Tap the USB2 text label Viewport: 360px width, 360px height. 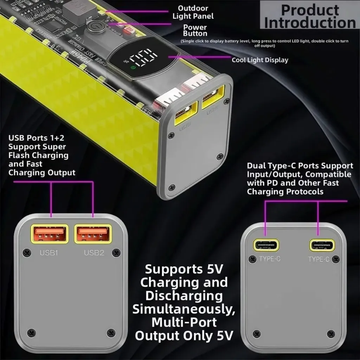tap(94, 252)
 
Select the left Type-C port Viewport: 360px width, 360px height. tap(267, 245)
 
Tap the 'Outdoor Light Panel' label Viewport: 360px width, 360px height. tap(193, 12)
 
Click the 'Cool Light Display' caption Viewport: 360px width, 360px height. tap(260, 60)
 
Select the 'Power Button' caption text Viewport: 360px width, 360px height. tap(195, 30)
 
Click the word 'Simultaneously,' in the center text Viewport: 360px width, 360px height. tap(183, 309)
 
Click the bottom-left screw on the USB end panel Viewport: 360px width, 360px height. tap(31, 332)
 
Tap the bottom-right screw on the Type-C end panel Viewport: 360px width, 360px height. tap(330, 333)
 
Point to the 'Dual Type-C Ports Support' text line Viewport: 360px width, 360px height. tap(300, 166)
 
